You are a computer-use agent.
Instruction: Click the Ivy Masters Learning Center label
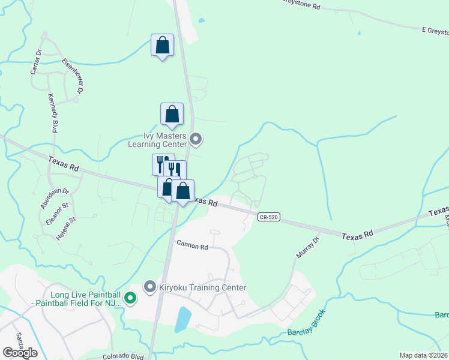tap(157, 140)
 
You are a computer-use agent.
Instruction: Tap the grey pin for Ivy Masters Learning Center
tap(196, 140)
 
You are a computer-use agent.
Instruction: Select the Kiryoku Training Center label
tap(202, 287)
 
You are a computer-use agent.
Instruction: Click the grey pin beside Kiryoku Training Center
tap(149, 287)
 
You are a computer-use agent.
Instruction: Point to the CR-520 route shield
tap(268, 216)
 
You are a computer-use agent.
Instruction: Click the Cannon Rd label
tap(192, 245)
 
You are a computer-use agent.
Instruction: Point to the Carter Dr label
tap(35, 62)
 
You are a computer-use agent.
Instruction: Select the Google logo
tap(20, 353)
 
